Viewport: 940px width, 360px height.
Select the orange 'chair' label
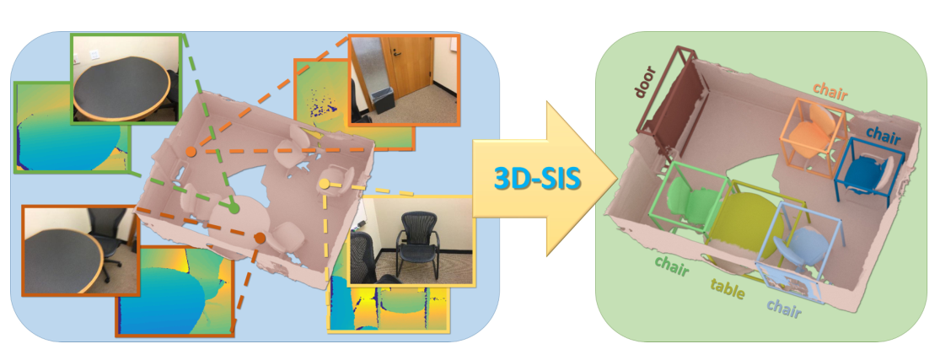(830, 89)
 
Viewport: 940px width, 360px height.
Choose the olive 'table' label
(728, 286)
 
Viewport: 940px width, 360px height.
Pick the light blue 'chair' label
(783, 309)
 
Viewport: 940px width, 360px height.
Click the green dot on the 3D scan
(234, 207)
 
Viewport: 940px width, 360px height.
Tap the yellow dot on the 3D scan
(325, 183)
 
